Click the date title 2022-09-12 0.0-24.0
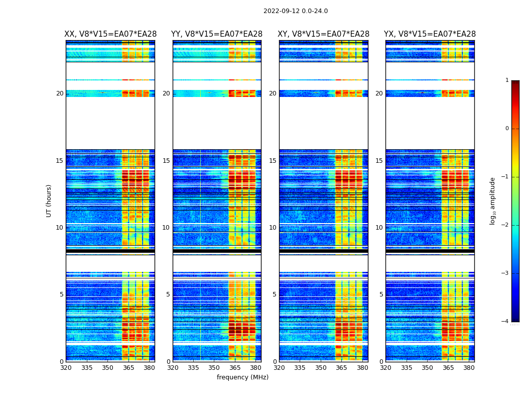point(295,11)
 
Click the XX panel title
point(110,34)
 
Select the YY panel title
point(217,34)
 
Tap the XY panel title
point(323,34)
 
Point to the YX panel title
point(430,34)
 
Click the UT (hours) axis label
point(49,200)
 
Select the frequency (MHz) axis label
point(242,377)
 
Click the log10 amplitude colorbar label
point(493,200)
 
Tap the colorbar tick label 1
point(507,80)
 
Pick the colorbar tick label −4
point(505,322)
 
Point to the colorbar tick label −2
point(505,226)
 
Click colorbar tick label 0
point(507,129)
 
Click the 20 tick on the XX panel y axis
point(60,93)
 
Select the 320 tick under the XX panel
point(66,368)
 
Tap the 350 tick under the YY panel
point(214,368)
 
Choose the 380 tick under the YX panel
point(469,368)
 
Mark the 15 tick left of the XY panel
point(273,161)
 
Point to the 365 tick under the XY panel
point(341,368)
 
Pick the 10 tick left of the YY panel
point(166,228)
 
